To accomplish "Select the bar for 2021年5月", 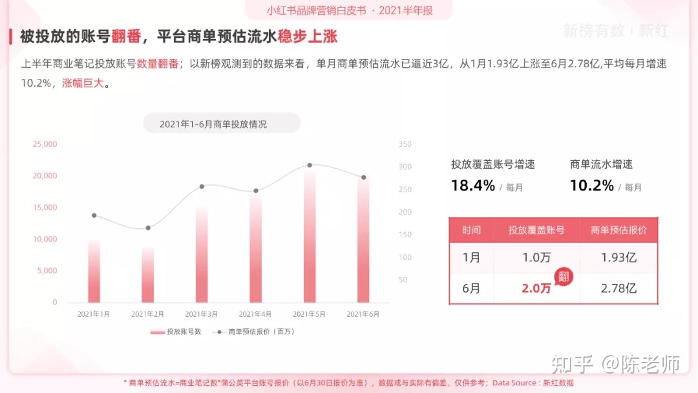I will coord(310,236).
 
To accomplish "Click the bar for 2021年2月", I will coord(148,274).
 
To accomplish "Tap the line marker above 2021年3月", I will coord(202,186).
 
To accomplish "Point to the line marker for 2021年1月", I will coord(94,215).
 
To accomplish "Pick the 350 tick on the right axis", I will coord(405,144).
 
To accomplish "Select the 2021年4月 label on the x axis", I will coord(255,314).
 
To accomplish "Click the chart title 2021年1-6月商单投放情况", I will coord(213,123).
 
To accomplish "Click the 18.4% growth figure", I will coord(473,186).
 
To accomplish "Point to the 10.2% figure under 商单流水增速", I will coord(592,186).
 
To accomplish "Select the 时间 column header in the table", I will coord(472,230).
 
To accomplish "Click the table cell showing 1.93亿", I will coord(619,257).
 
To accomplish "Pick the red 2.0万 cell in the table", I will coord(536,288).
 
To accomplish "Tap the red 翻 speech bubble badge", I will coord(564,277).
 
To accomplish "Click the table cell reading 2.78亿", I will coord(619,288).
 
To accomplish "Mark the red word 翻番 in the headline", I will coord(126,36).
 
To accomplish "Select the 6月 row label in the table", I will coord(472,288).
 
